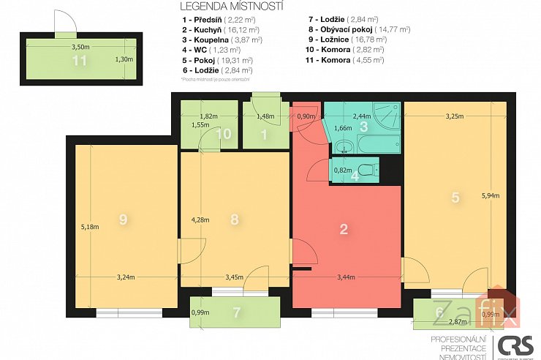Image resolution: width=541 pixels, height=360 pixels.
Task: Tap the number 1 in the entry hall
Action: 265,134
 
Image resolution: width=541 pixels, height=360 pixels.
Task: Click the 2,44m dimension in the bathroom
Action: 361,115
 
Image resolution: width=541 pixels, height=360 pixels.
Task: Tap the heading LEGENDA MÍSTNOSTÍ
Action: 216,7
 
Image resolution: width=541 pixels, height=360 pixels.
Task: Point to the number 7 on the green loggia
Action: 235,312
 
